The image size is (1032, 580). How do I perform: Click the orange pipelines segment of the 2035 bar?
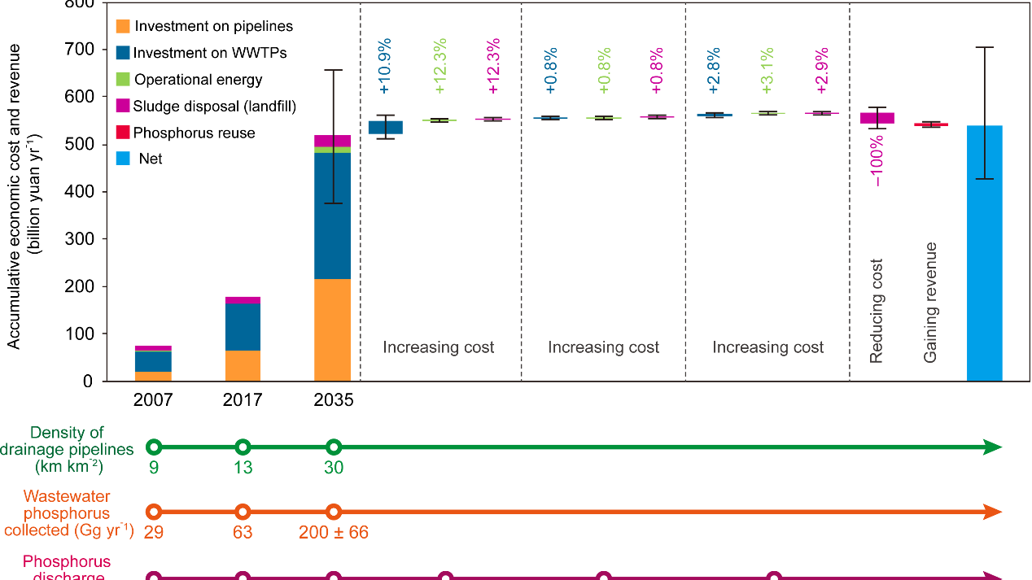(x=332, y=329)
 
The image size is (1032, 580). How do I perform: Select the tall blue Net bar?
(x=984, y=253)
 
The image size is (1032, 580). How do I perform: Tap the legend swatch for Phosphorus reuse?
(x=123, y=133)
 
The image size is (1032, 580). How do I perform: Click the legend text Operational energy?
(x=199, y=80)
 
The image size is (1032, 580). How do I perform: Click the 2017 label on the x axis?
(x=243, y=400)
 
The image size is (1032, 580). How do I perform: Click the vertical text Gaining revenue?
(x=931, y=302)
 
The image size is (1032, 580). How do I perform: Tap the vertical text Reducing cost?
(x=877, y=311)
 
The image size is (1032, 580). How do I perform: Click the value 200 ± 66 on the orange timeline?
(x=334, y=533)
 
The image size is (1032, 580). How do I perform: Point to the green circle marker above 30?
(x=333, y=447)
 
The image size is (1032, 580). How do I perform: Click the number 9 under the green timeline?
(x=154, y=468)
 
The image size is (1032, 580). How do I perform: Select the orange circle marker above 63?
(x=242, y=512)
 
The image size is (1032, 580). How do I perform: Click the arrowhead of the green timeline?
(x=991, y=447)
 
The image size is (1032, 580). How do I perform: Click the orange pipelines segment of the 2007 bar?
(x=154, y=376)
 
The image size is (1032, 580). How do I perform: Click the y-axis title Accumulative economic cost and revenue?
(x=14, y=195)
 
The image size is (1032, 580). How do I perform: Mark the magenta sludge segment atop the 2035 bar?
(x=332, y=141)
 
